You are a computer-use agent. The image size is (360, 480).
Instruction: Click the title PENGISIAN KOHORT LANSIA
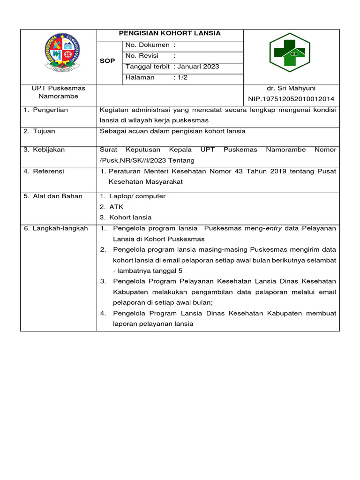click(170, 34)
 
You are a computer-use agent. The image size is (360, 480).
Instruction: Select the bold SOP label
click(107, 61)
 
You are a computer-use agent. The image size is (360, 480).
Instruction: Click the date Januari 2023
click(198, 67)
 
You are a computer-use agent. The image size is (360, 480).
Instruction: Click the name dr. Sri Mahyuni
click(291, 88)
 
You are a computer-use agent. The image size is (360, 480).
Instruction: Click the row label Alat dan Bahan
click(53, 196)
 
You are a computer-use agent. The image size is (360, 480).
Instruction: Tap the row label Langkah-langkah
click(56, 228)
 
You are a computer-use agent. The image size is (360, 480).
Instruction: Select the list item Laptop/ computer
click(137, 196)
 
